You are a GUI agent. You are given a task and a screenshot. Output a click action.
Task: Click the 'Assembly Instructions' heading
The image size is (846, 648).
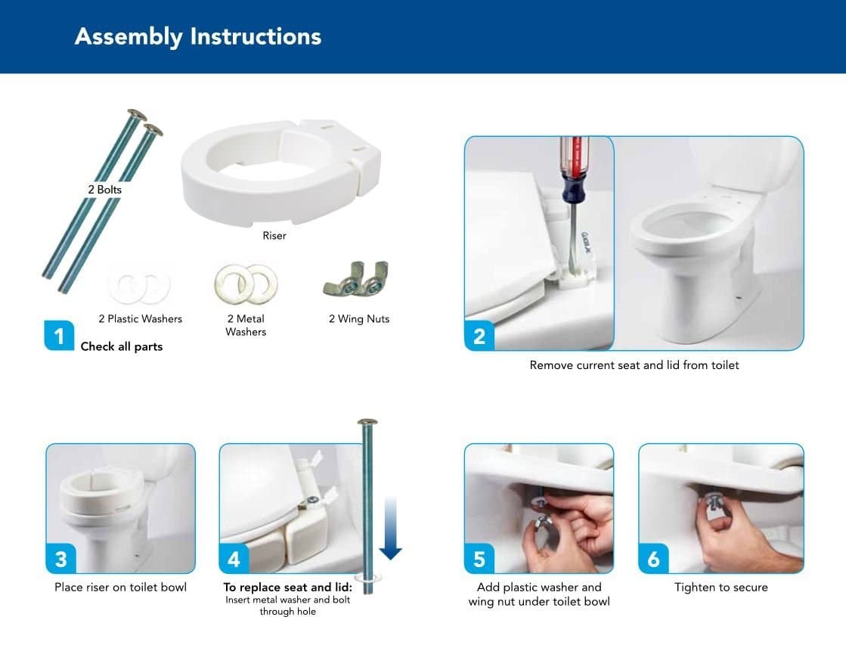tap(198, 37)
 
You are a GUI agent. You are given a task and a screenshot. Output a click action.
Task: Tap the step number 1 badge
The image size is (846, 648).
tap(59, 336)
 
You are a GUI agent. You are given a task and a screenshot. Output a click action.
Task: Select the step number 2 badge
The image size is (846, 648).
tap(479, 336)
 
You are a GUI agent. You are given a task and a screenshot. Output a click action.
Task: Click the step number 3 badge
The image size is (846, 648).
tap(60, 559)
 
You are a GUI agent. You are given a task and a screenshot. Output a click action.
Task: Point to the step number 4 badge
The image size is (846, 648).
tap(234, 559)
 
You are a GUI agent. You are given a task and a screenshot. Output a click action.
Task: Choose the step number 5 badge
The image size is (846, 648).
tap(479, 559)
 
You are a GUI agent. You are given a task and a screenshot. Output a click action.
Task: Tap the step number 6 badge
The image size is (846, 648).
tap(653, 559)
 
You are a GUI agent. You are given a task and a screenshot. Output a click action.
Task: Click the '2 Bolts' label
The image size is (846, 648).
tap(104, 189)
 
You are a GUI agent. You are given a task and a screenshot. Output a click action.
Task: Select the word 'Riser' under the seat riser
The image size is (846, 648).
tap(274, 236)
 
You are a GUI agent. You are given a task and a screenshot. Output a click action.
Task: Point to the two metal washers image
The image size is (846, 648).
tap(246, 284)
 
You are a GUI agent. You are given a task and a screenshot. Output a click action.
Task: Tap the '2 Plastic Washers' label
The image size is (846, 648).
tap(141, 319)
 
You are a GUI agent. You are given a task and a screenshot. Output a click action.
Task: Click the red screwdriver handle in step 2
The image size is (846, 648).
tap(573, 161)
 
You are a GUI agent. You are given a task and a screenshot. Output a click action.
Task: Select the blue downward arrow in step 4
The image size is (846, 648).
tap(390, 529)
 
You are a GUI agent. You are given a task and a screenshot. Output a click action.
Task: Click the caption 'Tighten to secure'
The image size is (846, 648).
tap(720, 587)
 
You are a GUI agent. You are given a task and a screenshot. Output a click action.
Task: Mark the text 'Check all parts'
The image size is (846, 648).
tap(122, 346)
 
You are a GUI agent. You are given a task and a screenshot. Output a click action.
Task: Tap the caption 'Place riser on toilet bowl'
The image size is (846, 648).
tap(120, 587)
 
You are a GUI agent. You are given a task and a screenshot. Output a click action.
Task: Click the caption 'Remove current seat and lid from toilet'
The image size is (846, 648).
tap(634, 365)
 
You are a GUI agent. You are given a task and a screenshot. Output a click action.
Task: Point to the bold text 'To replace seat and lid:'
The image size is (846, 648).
tap(287, 587)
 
